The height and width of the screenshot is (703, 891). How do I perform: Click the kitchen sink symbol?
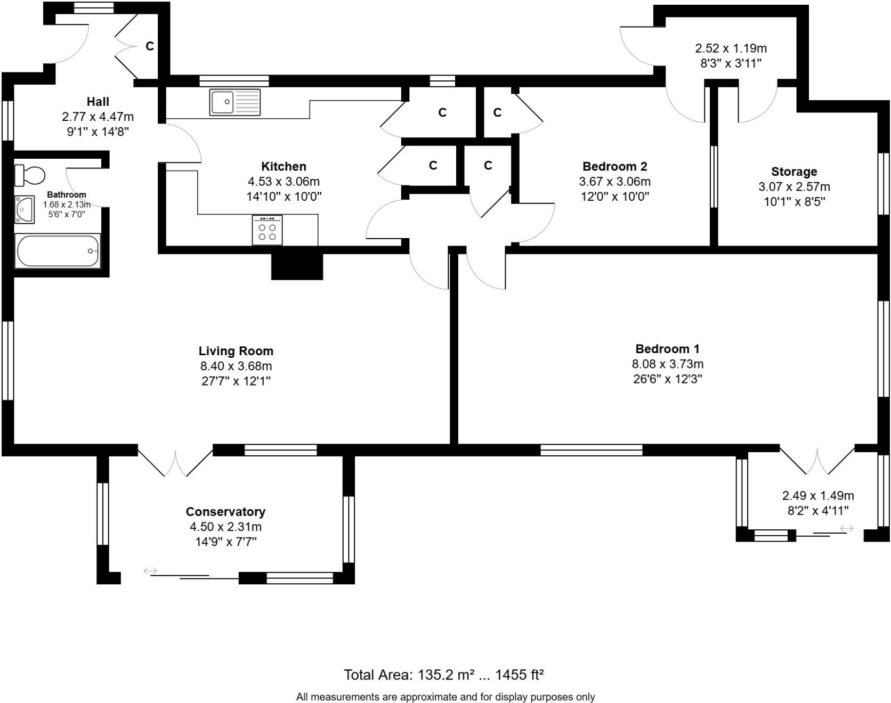click(235, 102)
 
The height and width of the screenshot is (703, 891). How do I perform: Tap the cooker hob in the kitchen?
click(267, 230)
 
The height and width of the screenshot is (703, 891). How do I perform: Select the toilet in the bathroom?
click(30, 175)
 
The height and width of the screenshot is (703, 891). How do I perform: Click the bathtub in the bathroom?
click(58, 251)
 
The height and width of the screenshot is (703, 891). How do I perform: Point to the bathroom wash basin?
click(25, 209)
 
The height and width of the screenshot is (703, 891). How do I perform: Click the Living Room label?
click(236, 351)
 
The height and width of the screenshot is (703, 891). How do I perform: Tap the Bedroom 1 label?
click(667, 349)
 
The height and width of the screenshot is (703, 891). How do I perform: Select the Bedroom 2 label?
click(614, 166)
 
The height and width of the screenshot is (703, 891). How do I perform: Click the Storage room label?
click(794, 171)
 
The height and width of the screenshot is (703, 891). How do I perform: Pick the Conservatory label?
click(225, 511)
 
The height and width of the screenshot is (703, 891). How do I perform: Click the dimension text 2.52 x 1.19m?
click(731, 48)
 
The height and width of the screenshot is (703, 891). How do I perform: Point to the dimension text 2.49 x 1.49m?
click(818, 495)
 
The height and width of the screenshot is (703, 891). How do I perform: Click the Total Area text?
click(443, 675)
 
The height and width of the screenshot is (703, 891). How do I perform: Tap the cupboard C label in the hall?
click(150, 46)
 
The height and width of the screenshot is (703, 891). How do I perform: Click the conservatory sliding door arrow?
click(150, 571)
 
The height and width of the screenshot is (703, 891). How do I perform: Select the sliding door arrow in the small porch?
click(847, 528)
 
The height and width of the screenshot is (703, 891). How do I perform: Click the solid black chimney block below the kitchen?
click(297, 266)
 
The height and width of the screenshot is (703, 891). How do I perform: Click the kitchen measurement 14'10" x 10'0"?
click(283, 196)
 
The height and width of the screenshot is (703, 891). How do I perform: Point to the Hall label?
click(98, 101)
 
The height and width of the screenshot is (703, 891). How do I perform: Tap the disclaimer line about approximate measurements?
click(445, 697)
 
